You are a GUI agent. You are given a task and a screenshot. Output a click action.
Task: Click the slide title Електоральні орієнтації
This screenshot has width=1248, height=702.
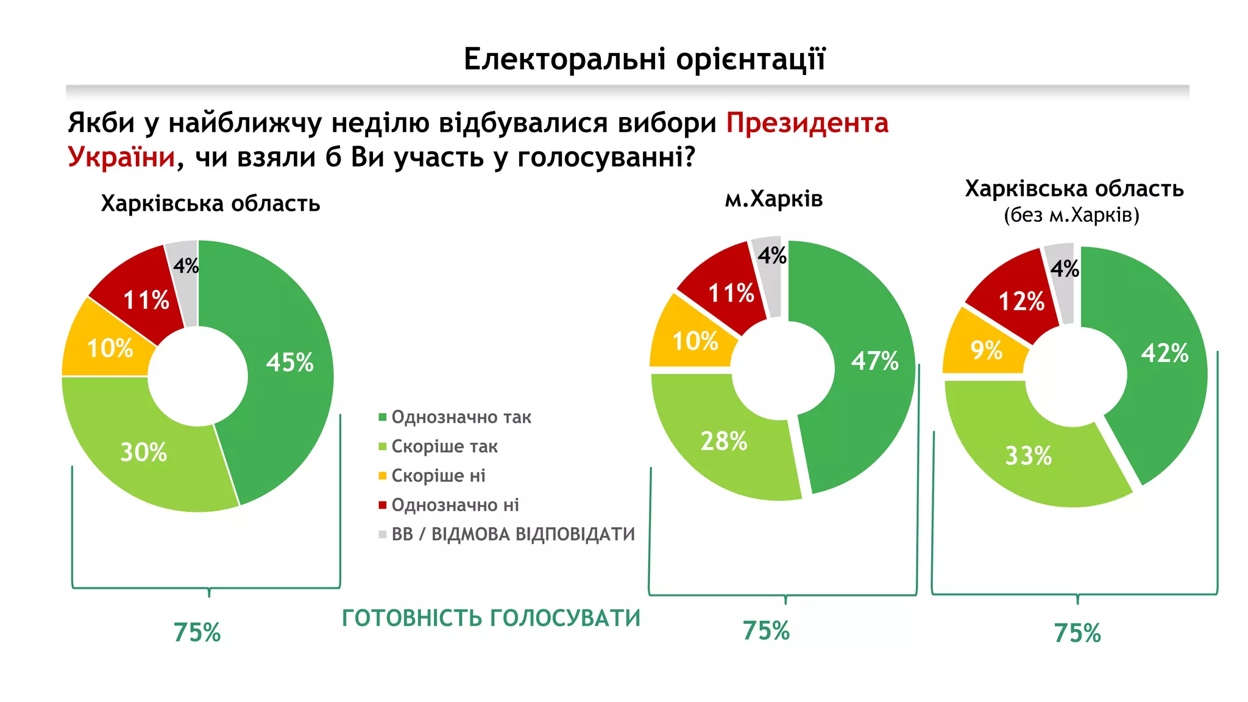[x=644, y=59]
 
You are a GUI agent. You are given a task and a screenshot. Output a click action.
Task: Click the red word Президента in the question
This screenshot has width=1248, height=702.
[x=807, y=123]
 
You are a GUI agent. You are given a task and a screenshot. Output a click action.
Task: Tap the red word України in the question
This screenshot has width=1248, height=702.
[x=121, y=157]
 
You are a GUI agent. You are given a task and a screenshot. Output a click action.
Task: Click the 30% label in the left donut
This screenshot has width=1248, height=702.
[x=143, y=452]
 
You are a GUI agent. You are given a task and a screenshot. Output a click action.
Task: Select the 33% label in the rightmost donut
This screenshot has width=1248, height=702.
[x=1028, y=456]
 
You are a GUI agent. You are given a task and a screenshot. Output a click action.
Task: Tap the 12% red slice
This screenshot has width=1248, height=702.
[x=1021, y=301]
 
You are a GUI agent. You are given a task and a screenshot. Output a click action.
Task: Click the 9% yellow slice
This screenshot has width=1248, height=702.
[x=986, y=350]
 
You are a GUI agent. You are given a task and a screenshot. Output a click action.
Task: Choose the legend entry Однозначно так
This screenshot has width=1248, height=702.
[x=461, y=417]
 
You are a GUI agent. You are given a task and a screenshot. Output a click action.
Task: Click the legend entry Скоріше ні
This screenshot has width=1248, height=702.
[x=438, y=476]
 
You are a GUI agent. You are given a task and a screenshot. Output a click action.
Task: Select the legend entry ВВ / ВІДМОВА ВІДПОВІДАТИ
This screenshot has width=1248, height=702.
[x=512, y=534]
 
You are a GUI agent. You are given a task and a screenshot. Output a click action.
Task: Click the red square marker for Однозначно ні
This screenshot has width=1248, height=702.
[x=383, y=505]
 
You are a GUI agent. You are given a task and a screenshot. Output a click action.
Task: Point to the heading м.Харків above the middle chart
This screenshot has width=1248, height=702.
[x=773, y=199]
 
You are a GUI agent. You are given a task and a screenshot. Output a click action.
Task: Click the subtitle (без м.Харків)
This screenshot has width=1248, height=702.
[x=1071, y=215]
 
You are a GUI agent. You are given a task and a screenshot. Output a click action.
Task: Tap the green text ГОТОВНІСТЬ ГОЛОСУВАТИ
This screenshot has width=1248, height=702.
[x=491, y=618]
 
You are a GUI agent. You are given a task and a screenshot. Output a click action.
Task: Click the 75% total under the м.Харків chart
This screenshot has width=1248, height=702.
[x=766, y=631]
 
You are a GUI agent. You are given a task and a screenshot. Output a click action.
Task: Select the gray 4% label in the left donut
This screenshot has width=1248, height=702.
[x=185, y=266]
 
